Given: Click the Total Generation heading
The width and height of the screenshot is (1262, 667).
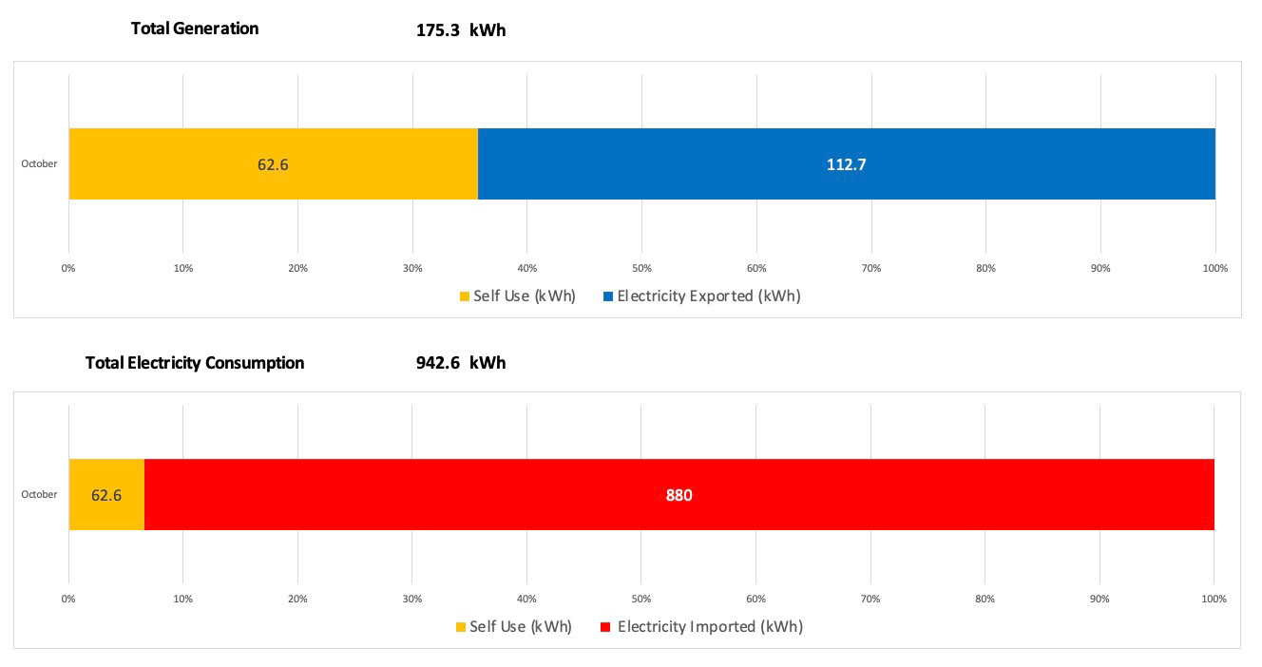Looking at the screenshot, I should (x=195, y=29).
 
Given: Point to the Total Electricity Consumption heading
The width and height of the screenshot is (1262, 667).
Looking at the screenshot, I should (x=195, y=363).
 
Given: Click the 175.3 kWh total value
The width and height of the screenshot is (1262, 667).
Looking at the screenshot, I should (x=461, y=30).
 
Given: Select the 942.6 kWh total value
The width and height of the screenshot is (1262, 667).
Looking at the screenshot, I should (x=461, y=363).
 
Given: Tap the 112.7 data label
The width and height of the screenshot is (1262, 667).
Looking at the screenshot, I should (x=846, y=164).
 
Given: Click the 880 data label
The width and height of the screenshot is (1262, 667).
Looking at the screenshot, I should (x=679, y=495).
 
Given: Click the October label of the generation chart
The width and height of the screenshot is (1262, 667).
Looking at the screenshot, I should (x=39, y=163).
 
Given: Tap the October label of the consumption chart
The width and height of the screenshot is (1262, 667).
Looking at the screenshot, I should (x=39, y=494).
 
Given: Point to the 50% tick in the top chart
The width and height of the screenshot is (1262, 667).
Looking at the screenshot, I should (x=641, y=268).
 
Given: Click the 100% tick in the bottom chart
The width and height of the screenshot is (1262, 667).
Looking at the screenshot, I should (x=1214, y=599).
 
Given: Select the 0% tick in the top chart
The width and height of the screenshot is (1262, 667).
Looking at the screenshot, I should (x=68, y=268).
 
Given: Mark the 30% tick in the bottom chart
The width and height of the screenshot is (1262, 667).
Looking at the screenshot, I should (x=411, y=599).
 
